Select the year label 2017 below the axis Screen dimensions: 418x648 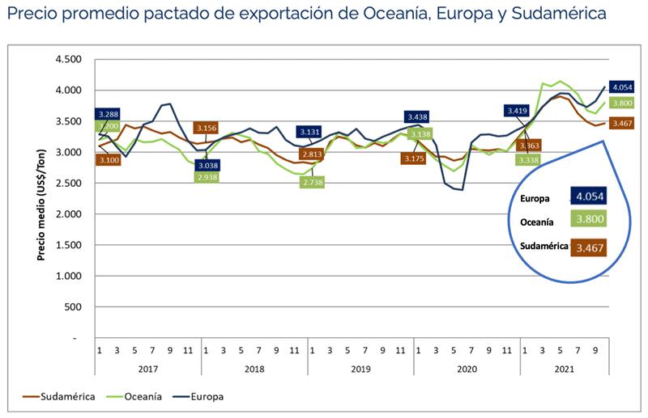point(147,369)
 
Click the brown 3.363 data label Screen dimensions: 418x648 point(530,146)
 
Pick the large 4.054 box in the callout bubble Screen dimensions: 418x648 point(588,196)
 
